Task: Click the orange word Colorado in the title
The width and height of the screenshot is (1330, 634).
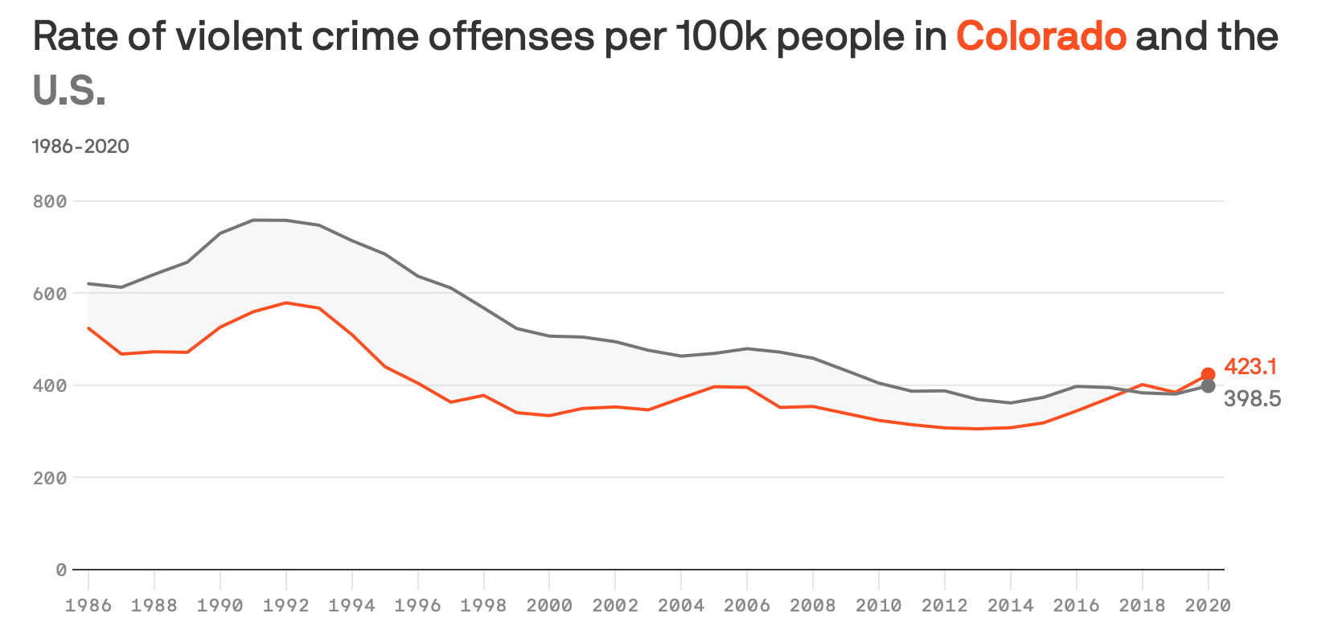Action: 1041,37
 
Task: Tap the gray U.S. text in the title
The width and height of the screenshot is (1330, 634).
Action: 69,91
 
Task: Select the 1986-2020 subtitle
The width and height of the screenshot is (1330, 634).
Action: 80,146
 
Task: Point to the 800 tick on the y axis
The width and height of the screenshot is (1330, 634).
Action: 50,201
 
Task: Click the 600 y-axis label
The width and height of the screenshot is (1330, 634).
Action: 50,294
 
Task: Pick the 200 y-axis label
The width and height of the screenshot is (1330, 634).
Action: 50,478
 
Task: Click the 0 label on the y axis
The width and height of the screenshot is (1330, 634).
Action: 61,570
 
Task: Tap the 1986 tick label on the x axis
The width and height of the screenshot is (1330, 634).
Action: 88,605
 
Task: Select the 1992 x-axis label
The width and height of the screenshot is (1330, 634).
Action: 286,605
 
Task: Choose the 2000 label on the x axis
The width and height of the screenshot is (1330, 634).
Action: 549,605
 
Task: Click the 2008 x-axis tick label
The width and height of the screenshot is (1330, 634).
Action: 813,605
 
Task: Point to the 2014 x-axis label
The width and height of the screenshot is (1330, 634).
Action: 1011,605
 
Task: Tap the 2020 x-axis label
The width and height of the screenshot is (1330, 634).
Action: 1208,605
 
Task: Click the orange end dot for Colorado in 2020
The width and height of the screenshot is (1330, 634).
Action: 1208,374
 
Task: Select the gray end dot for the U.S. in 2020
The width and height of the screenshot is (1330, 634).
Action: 1208,386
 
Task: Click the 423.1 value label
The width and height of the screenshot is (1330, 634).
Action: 1250,367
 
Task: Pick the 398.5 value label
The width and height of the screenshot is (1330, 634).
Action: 1252,399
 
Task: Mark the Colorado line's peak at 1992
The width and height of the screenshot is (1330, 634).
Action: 286,303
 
